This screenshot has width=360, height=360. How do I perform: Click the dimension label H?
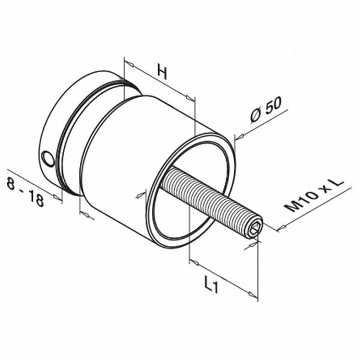161,72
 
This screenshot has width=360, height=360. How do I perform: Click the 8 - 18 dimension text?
26,191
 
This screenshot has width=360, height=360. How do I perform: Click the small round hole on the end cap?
47,158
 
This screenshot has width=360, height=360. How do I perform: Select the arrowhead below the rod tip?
256,243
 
